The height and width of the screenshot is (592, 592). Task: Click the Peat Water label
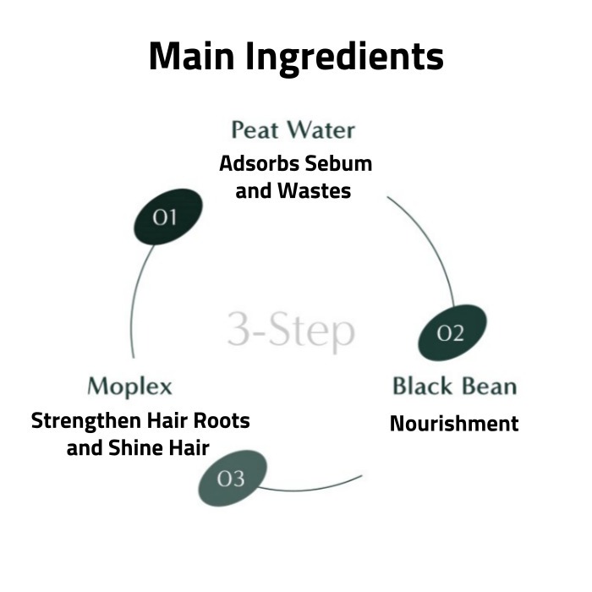(x=293, y=130)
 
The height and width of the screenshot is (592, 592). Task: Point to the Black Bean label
(x=454, y=386)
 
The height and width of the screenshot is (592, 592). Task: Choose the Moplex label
(x=129, y=386)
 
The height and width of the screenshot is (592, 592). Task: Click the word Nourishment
(x=454, y=423)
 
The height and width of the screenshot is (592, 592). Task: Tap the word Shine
(x=141, y=447)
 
